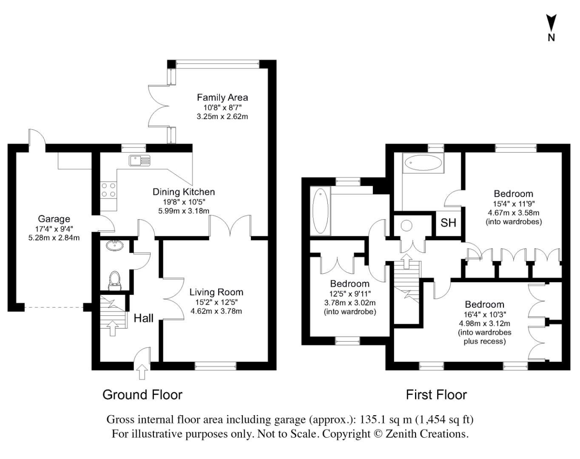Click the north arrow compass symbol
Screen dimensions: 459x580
551,24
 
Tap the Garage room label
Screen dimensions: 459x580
54,219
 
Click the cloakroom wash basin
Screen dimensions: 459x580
114,245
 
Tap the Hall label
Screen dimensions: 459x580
143,318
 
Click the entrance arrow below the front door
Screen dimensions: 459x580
142,373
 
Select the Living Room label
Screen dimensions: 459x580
216,292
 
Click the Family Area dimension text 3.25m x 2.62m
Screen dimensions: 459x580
222,116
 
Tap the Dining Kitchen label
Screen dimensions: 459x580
184,192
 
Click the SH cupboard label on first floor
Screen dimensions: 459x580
448,223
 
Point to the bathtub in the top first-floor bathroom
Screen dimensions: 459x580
423,163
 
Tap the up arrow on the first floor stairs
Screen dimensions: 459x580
407,261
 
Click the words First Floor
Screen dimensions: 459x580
436,395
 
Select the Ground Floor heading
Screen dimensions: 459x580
142,395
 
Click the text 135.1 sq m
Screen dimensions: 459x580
386,419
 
